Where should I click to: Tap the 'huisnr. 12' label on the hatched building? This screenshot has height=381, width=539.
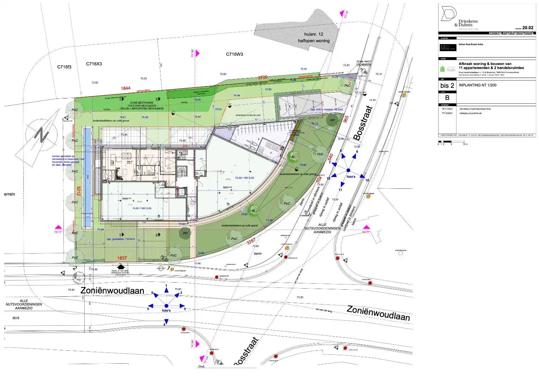pyautogui.click(x=313, y=34)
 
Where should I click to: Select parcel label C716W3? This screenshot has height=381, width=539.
pyautogui.click(x=234, y=54)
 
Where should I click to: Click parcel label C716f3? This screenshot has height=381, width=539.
pyautogui.click(x=64, y=67)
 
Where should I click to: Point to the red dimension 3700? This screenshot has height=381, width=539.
pyautogui.click(x=263, y=77)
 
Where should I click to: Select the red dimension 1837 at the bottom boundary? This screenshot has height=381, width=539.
pyautogui.click(x=122, y=258)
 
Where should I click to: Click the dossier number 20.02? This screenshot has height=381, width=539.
pyautogui.click(x=527, y=28)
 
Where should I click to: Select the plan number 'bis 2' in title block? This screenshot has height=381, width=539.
pyautogui.click(x=447, y=86)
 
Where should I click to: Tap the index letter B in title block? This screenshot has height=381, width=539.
pyautogui.click(x=447, y=98)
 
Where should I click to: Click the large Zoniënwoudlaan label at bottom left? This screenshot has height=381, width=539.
pyautogui.click(x=112, y=291)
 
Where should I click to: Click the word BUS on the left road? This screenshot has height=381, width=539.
pyautogui.click(x=16, y=318)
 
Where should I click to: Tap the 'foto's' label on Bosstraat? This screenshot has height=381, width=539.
pyautogui.click(x=351, y=177)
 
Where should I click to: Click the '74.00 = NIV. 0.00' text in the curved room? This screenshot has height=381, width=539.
pyautogui.click(x=244, y=178)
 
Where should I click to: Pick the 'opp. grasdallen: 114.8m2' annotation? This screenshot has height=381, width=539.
pyautogui.click(x=121, y=239)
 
